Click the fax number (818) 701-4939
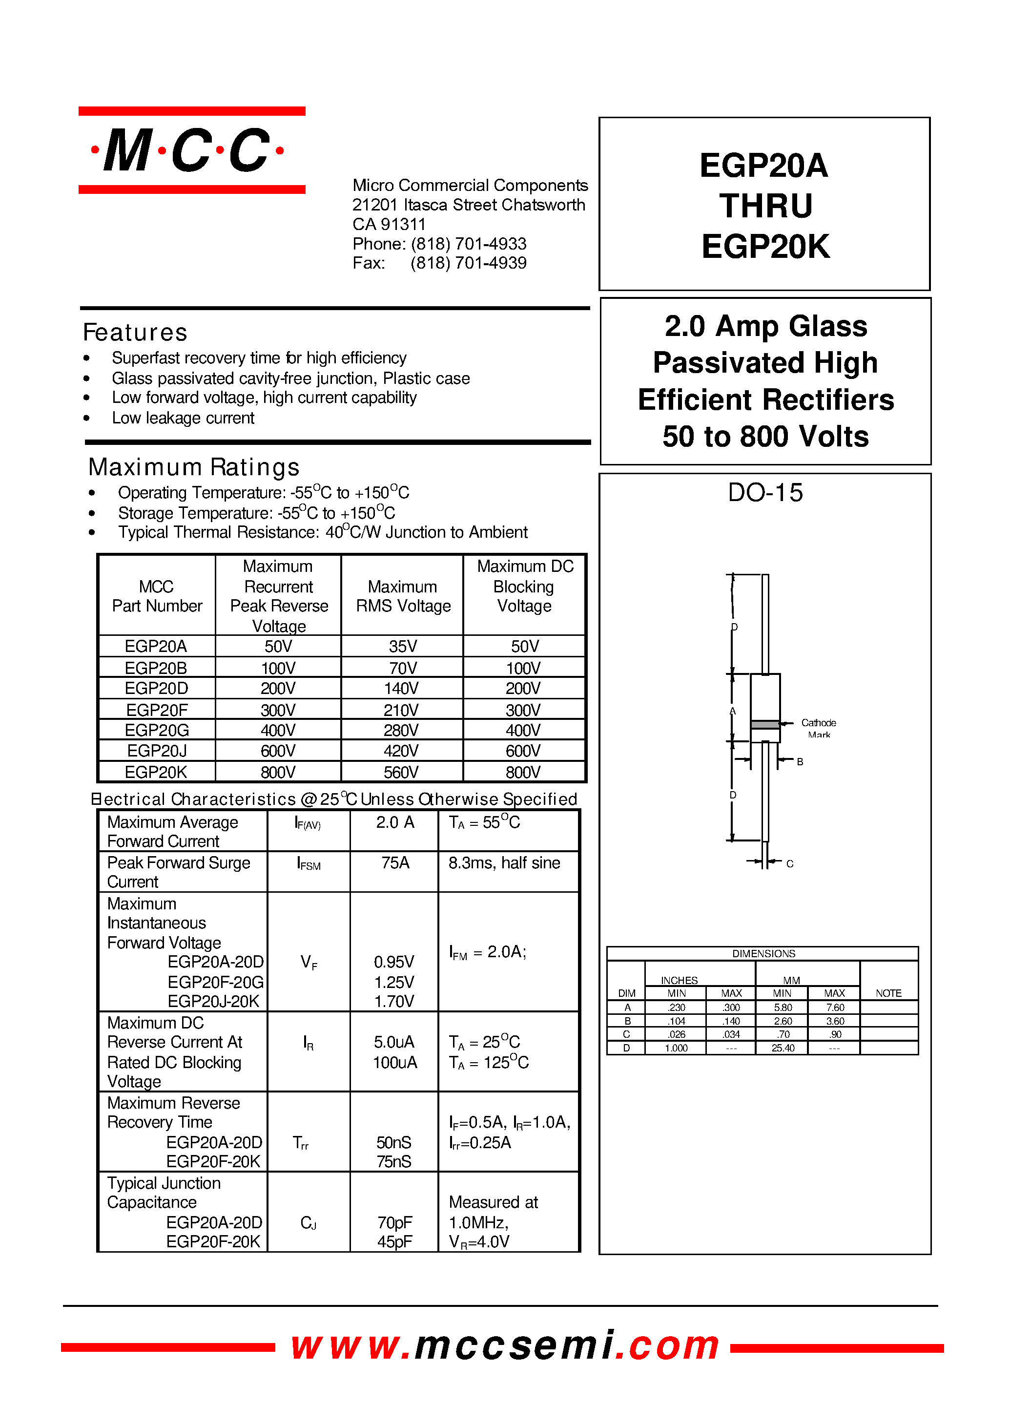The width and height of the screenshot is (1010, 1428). click(x=468, y=263)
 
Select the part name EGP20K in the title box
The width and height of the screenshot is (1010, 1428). click(x=765, y=247)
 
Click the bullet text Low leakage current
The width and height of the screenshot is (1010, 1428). click(x=183, y=418)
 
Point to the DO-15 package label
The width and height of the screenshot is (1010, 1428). click(x=765, y=493)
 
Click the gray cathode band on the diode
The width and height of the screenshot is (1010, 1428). click(x=765, y=724)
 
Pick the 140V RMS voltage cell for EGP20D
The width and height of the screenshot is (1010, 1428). click(x=401, y=688)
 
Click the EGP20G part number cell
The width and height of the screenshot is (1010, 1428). click(x=157, y=730)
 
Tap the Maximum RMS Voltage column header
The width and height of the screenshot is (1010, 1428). click(x=403, y=596)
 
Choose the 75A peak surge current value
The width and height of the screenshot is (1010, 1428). click(x=395, y=862)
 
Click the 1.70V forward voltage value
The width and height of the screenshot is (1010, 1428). click(x=393, y=1001)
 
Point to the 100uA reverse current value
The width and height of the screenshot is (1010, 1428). click(x=395, y=1062)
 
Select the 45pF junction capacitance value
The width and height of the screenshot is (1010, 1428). click(x=394, y=1241)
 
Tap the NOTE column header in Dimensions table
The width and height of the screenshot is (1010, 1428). click(x=888, y=993)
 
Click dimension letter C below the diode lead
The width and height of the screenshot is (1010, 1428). click(x=790, y=863)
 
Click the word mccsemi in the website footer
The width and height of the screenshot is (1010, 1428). click(x=515, y=1345)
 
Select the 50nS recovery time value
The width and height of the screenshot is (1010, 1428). click(x=393, y=1142)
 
